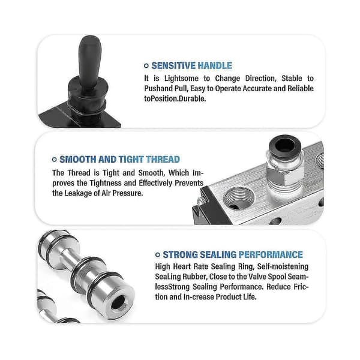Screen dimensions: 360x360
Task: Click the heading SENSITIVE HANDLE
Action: pos(192,65)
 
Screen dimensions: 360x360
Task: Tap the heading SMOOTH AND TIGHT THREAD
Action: pos(119,160)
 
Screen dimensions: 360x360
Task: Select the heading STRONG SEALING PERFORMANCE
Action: pos(233,254)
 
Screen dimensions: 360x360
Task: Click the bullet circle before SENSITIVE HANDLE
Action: pos(146,66)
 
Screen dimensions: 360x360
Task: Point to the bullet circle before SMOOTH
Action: pos(55,160)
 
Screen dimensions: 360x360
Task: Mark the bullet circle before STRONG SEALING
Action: pos(157,254)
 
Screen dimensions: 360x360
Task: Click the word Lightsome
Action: pos(181,79)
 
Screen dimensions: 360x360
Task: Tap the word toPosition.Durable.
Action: pos(175,99)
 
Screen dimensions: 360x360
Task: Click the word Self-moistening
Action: pos(283,266)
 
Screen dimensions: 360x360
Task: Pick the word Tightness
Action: pos(106,183)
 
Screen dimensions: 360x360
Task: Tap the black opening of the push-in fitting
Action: pos(285,146)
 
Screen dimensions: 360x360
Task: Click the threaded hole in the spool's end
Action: pos(118,302)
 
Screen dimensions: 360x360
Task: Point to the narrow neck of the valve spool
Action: pos(68,259)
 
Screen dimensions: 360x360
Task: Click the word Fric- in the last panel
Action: pos(299,287)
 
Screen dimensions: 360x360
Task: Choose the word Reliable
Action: pos(301,89)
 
